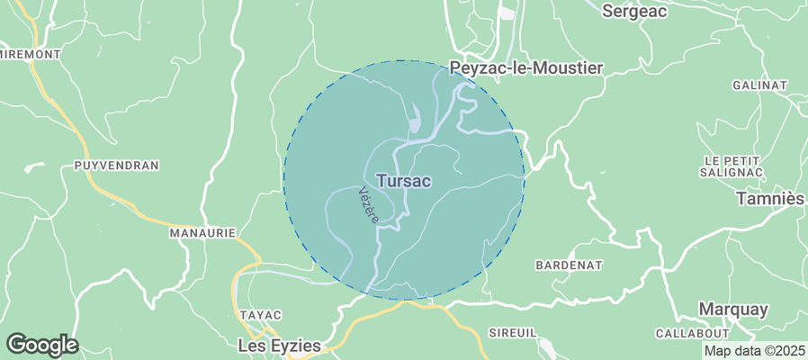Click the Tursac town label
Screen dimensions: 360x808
pos(403,181)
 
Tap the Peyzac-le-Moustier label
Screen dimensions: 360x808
pos(525,67)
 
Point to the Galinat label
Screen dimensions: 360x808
pos(759,85)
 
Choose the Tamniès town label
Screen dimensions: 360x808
pos(769,197)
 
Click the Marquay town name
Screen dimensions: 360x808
pos(733,310)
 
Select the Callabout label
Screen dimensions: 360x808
pos(691,333)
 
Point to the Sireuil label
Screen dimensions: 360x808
pos(512,333)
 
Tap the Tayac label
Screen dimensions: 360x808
pos(260,315)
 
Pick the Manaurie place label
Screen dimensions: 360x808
pos(202,232)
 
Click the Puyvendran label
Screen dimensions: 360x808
pos(117,166)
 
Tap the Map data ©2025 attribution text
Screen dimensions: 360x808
pos(754,351)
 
